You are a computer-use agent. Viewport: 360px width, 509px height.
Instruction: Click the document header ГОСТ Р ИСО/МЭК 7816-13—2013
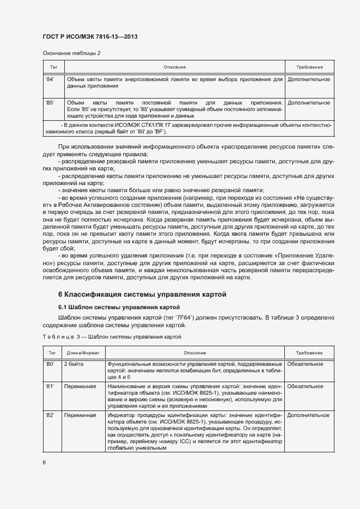pos(90,37)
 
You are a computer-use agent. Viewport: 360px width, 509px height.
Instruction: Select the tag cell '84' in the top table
pos(50,79)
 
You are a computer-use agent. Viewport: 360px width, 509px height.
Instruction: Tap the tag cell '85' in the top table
pos(50,102)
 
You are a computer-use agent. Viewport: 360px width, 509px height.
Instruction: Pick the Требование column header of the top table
pos(309,67)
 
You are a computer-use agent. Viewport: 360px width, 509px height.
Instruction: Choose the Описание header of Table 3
pos(194,353)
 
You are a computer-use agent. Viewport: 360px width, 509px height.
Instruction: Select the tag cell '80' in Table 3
pos(50,364)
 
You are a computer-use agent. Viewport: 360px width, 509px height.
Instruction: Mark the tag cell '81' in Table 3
pos(50,387)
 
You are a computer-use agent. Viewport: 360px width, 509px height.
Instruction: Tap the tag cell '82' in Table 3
pos(50,415)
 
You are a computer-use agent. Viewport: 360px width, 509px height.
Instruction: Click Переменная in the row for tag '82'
pos(80,415)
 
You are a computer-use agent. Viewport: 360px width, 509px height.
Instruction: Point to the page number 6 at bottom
pos(44,463)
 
